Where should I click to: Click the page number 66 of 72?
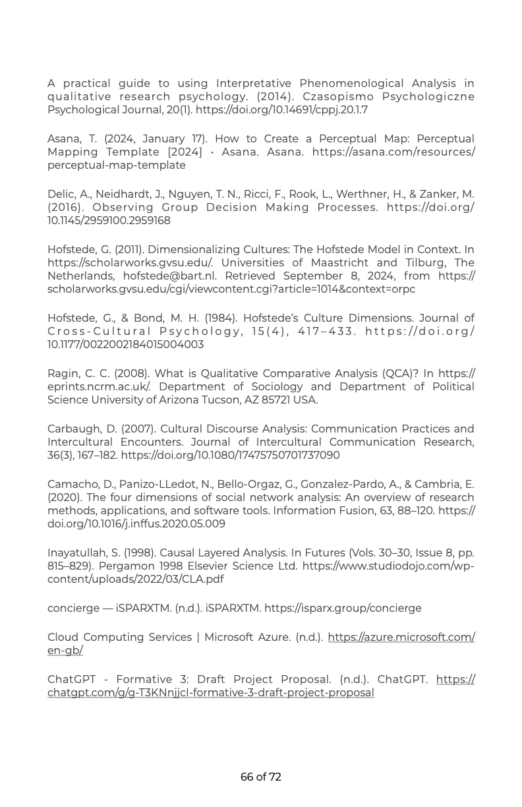click(261, 777)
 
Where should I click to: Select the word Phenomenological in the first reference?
click(351, 84)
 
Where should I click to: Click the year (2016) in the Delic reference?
click(65, 208)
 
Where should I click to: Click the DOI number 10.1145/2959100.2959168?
click(109, 221)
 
